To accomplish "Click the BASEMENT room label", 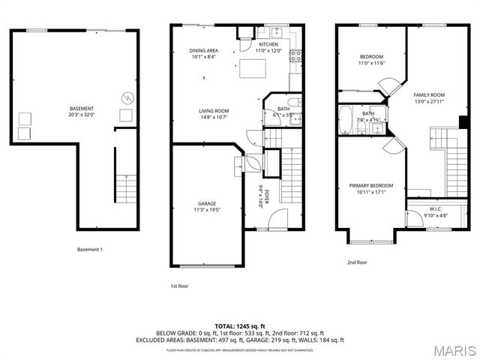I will point(82,108).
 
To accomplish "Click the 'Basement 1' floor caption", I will point(90,249).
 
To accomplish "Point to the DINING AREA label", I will point(203,51).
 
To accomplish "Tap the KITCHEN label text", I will point(268,44).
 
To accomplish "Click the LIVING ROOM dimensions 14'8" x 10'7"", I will point(214,117).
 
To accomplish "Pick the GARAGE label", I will point(207,203).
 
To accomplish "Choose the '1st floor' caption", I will point(180,285).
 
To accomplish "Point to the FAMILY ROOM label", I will point(430,94).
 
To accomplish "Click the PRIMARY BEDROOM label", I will point(370,186).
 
